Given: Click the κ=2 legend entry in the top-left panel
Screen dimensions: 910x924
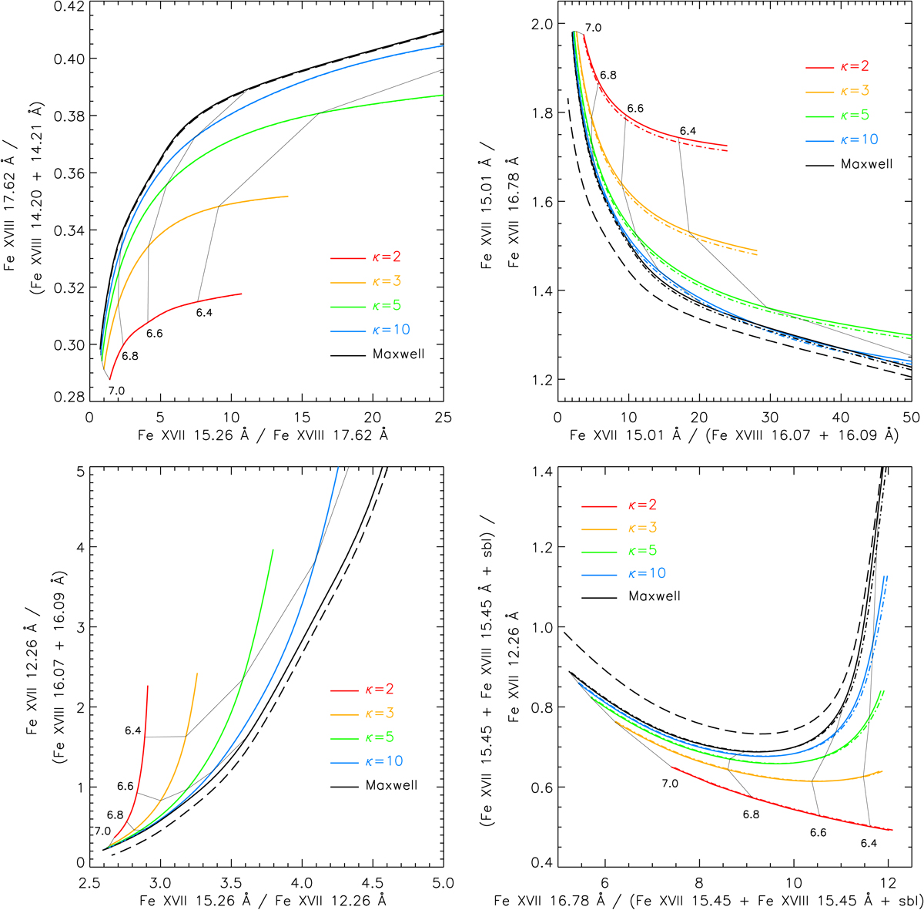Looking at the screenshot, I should point(385,257).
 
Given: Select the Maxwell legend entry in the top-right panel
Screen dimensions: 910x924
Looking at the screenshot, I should point(866,164).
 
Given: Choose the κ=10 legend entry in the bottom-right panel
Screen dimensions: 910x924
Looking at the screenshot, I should point(647,573).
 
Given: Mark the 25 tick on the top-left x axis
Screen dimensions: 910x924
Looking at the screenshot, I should point(444,417).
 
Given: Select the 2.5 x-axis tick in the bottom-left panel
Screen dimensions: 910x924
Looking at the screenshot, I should point(89,882).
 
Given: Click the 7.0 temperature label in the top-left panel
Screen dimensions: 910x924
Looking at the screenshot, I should point(116,391).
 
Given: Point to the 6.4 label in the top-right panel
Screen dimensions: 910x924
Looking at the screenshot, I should point(687,131).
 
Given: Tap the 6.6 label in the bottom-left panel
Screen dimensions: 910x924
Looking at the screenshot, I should point(126,787).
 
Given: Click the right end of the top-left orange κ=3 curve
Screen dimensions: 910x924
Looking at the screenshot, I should point(287,196).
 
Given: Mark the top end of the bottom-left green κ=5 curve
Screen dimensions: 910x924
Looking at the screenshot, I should point(273,550).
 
